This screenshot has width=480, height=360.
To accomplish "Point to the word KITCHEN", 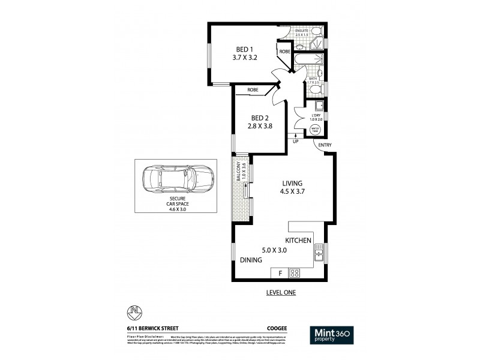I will tap(302, 241).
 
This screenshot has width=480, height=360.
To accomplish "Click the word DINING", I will tap(251, 260).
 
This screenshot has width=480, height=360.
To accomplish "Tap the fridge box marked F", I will tap(280, 273).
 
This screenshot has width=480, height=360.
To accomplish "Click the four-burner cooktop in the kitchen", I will tap(295, 273).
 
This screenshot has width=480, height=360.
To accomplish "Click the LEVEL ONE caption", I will tap(280, 293).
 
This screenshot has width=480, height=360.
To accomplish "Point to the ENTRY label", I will tap(325, 145).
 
